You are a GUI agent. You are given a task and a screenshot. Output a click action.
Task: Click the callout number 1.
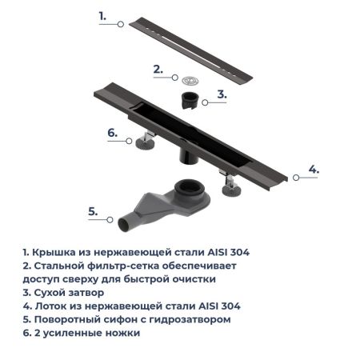tap(102, 15)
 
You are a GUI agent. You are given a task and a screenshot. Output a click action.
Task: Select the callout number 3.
tap(222, 94)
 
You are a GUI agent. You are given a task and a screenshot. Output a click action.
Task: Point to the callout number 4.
tap(314, 169)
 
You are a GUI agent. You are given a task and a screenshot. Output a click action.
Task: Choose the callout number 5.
tap(93, 211)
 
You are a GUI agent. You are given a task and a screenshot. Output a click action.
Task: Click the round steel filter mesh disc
tap(190, 79)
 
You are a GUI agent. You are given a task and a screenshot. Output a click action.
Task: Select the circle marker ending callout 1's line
tap(121, 25)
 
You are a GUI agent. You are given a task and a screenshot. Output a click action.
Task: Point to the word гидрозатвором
tap(192, 318)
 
